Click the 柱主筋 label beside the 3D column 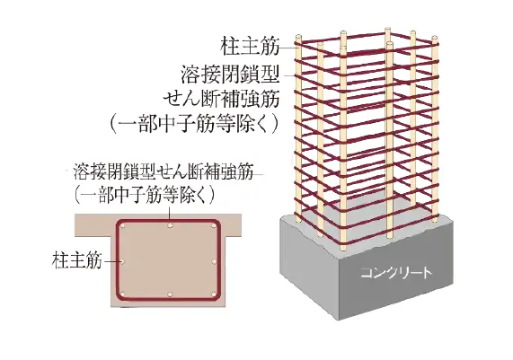pyautogui.click(x=251, y=47)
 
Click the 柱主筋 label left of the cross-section pyautogui.click(x=77, y=260)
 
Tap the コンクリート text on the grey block pyautogui.click(x=396, y=272)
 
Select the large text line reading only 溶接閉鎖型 pyautogui.click(x=230, y=75)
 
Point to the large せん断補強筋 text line pyautogui.click(x=222, y=99)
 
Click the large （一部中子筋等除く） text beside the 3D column pyautogui.click(x=194, y=125)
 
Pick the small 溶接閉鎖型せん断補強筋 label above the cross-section pyautogui.click(x=164, y=171)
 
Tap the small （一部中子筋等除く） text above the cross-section pyautogui.click(x=145, y=195)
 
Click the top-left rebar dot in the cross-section pyautogui.click(x=123, y=226)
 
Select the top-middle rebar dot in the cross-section pyautogui.click(x=170, y=226)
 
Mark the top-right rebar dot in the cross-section pyautogui.click(x=214, y=226)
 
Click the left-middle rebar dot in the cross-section pyautogui.click(x=122, y=261)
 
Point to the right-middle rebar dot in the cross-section pyautogui.click(x=214, y=261)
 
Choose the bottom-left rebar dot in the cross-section pyautogui.click(x=123, y=294)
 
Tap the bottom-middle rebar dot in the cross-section pyautogui.click(x=170, y=294)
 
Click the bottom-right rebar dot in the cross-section pyautogui.click(x=214, y=294)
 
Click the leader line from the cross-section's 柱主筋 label pyautogui.click(x=111, y=261)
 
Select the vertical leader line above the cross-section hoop pyautogui.click(x=170, y=212)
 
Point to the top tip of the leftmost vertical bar pyautogui.click(x=297, y=35)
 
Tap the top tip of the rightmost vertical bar pyautogui.click(x=435, y=37)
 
